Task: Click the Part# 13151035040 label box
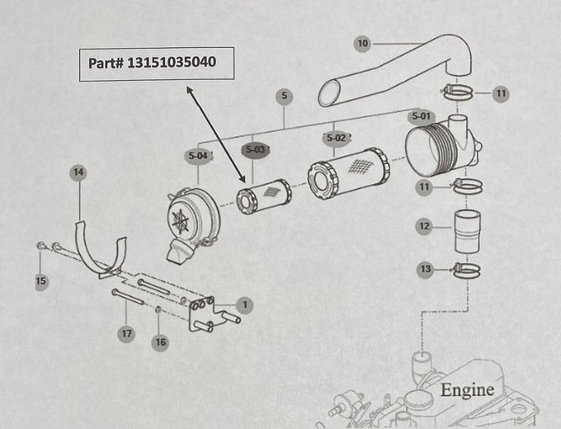[x=156, y=64]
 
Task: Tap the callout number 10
[x=363, y=42]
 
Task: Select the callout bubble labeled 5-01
[x=420, y=116]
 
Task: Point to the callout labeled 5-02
[x=336, y=137]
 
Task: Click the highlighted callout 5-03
[x=254, y=150]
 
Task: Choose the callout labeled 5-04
[x=198, y=155]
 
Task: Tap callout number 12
[x=424, y=226]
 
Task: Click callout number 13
[x=425, y=270]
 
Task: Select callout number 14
[x=78, y=172]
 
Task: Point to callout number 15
[x=40, y=282]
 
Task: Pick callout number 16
[x=160, y=342]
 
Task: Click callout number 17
[x=125, y=334]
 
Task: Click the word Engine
[x=467, y=389]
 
